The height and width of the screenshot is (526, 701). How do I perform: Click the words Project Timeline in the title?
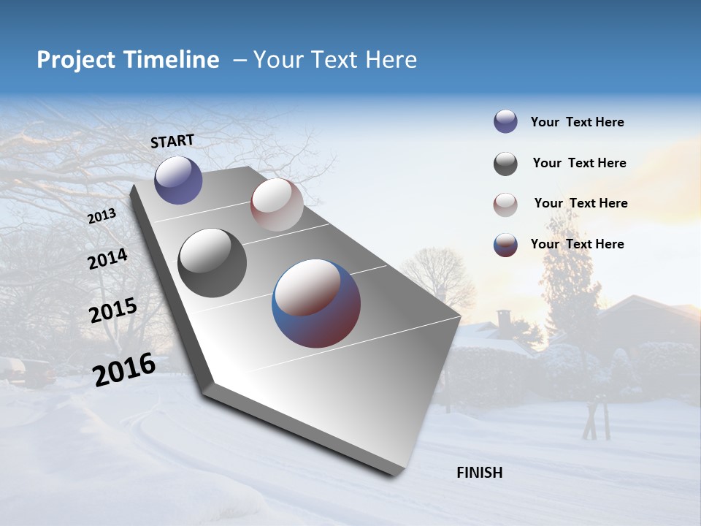tap(128, 60)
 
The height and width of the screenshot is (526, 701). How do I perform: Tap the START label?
tap(172, 141)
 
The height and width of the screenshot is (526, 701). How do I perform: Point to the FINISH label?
tap(479, 473)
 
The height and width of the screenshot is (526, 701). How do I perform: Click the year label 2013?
tap(101, 216)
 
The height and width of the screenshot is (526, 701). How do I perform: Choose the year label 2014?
tap(107, 259)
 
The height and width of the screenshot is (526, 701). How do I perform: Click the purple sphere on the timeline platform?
tap(178, 180)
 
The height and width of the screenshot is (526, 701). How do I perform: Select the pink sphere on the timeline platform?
tap(277, 205)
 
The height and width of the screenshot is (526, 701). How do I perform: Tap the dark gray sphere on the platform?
tap(212, 263)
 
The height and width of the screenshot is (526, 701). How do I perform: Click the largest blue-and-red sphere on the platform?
tap(316, 303)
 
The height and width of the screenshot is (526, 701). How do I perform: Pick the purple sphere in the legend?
tap(505, 121)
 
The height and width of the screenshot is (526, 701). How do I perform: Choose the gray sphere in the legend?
tap(505, 164)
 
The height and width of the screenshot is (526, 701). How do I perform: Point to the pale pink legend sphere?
tap(505, 205)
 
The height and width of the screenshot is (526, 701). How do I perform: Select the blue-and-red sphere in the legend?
tap(505, 245)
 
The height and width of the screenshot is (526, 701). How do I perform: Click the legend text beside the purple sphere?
tap(577, 123)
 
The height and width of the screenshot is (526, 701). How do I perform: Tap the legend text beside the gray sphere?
tap(579, 163)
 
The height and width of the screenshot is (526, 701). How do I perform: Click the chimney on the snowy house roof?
tap(504, 320)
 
